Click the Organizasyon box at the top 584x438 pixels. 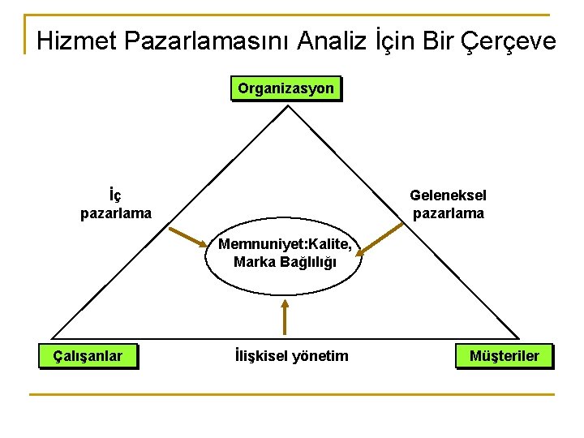(286, 88)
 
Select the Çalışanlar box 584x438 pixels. (88, 356)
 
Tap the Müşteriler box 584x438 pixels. (504, 356)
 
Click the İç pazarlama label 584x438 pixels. (115, 204)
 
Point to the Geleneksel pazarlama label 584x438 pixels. (448, 204)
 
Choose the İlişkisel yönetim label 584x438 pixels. (290, 356)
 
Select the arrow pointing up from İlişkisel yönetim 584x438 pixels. (285, 316)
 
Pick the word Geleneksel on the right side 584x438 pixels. (448, 195)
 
